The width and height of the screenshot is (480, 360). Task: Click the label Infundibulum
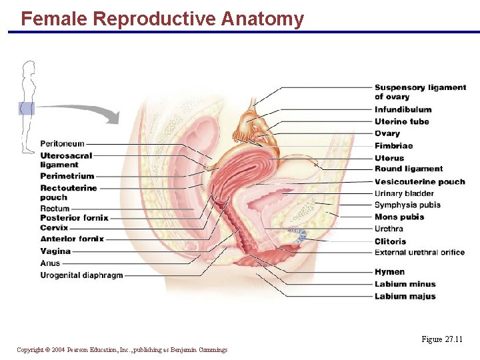point(403,109)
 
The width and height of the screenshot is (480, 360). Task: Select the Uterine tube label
point(401,121)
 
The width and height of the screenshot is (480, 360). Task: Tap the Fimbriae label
point(393,145)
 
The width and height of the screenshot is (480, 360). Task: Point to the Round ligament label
point(408,169)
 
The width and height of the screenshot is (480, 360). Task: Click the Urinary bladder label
point(404,193)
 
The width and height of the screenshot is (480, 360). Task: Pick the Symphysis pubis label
point(407,205)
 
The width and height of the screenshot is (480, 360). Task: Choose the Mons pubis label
point(399,217)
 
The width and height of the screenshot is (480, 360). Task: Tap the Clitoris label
point(390,241)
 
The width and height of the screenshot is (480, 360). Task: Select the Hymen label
point(389,272)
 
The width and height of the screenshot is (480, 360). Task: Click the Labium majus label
point(405,296)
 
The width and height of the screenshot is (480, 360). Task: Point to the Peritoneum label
point(62,143)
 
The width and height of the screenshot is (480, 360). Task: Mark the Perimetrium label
point(67,176)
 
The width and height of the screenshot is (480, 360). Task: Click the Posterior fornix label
point(74,218)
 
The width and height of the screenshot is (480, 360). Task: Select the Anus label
point(50,263)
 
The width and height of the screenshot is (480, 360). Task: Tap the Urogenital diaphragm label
point(81,275)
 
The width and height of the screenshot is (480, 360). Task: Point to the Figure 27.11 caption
point(442,339)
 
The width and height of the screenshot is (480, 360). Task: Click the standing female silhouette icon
point(27,107)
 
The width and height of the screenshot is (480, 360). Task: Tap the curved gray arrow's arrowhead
point(113,117)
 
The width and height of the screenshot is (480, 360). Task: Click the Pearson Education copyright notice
point(122,349)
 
